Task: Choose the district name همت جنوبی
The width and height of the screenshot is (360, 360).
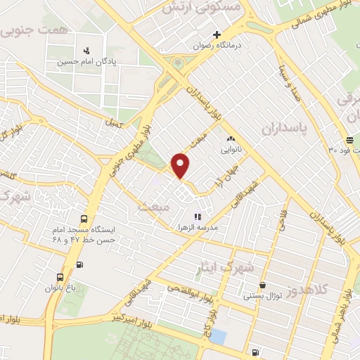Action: click(x=33, y=26)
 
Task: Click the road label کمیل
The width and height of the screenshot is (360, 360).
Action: click(x=111, y=122)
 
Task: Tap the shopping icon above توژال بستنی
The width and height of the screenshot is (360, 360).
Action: click(x=262, y=285)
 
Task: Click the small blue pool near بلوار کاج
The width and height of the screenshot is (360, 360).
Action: click(x=218, y=336)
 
